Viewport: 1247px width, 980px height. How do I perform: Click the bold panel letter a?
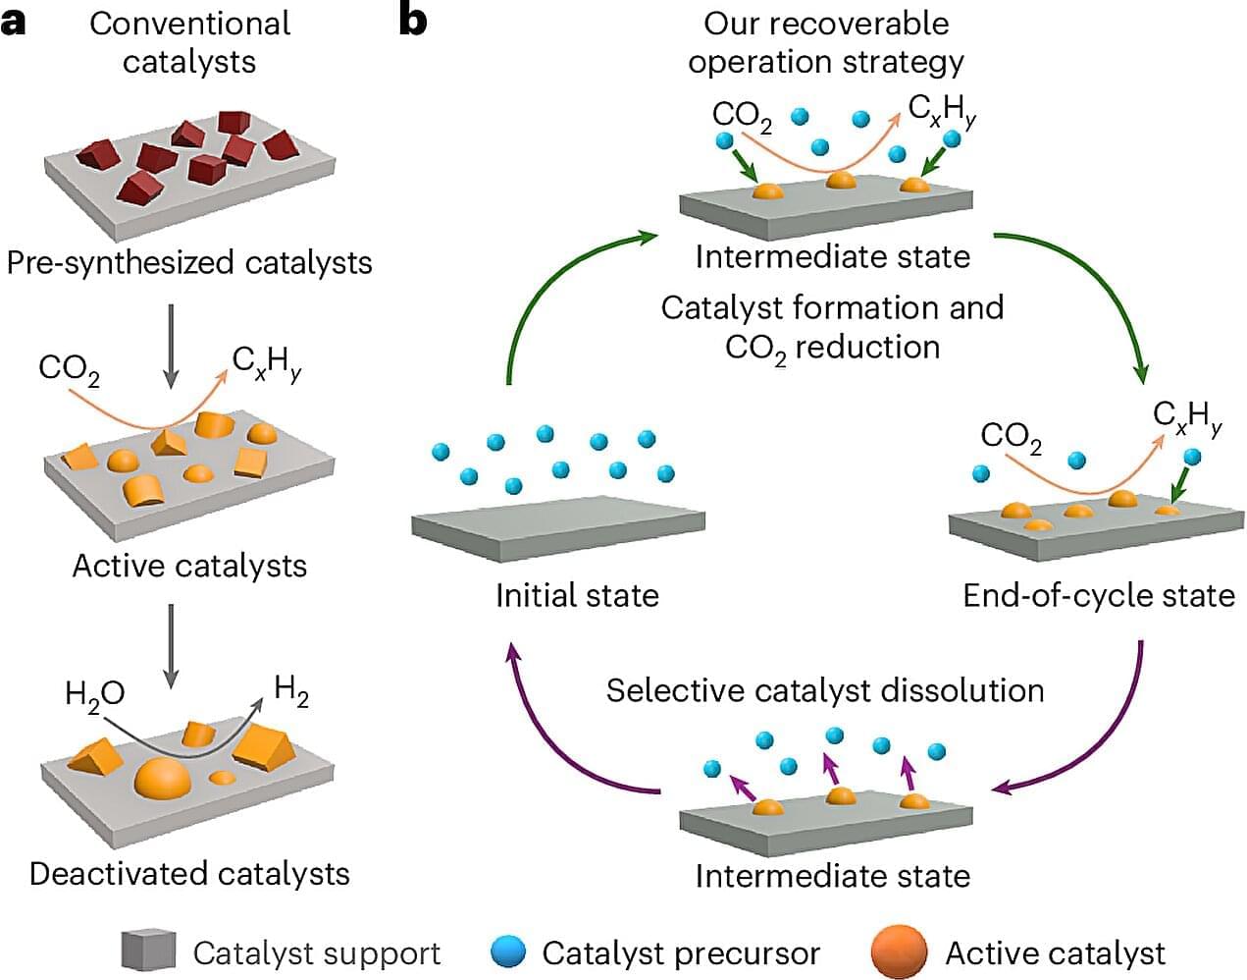[x=14, y=23]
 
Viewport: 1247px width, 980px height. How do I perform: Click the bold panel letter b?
[x=413, y=21]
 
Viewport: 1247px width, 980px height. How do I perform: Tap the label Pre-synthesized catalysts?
[x=189, y=263]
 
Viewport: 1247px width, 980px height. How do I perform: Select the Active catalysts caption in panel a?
[x=189, y=566]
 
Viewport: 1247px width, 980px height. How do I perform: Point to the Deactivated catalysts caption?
[x=189, y=873]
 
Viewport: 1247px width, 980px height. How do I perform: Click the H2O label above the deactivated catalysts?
[x=94, y=694]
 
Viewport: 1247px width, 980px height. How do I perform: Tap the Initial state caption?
[x=577, y=595]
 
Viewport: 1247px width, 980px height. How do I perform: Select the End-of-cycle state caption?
[x=1098, y=595]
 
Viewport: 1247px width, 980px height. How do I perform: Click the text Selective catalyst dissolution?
[x=824, y=690]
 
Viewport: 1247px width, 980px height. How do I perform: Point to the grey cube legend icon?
[x=148, y=951]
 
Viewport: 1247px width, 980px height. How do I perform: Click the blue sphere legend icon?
[x=509, y=952]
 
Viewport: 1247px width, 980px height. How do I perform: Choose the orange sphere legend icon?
[x=898, y=952]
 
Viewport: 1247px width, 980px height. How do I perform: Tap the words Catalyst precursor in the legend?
[x=680, y=953]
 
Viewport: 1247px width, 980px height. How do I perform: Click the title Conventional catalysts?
[x=189, y=41]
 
